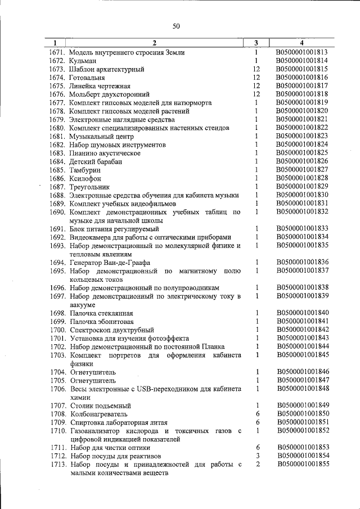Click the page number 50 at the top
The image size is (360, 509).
pyautogui.click(x=176, y=25)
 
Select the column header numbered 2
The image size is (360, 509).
pyautogui.click(x=154, y=43)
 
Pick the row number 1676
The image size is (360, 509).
pyautogui.click(x=58, y=94)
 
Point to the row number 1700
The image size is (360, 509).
pyautogui.click(x=58, y=330)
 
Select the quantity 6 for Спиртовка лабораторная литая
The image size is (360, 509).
pyautogui.click(x=256, y=422)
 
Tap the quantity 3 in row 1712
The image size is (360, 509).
pyautogui.click(x=256, y=456)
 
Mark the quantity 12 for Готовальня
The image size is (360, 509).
pyautogui.click(x=256, y=78)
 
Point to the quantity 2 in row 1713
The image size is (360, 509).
pyautogui.click(x=256, y=464)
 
